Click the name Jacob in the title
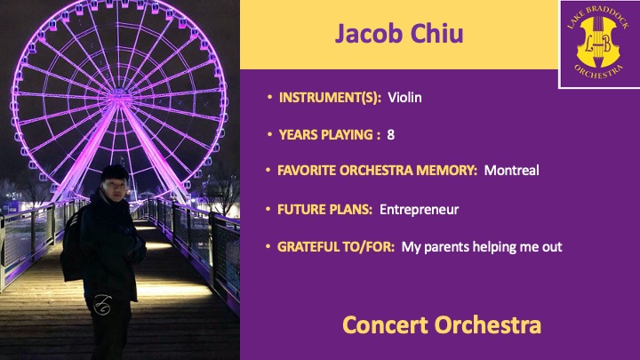point(369,34)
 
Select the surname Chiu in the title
point(436,33)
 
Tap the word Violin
point(404,98)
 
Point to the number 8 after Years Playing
point(390,135)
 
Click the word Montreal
point(511,170)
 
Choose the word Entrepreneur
point(420,210)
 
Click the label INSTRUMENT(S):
point(330,98)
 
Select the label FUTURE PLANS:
point(325,210)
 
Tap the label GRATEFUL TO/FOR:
point(336,246)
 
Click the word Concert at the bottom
point(385,325)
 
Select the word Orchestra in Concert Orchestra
point(488,325)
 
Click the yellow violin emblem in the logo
point(598,42)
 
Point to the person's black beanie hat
point(115,172)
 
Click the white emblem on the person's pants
point(102,305)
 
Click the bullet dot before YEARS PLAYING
point(270,134)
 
